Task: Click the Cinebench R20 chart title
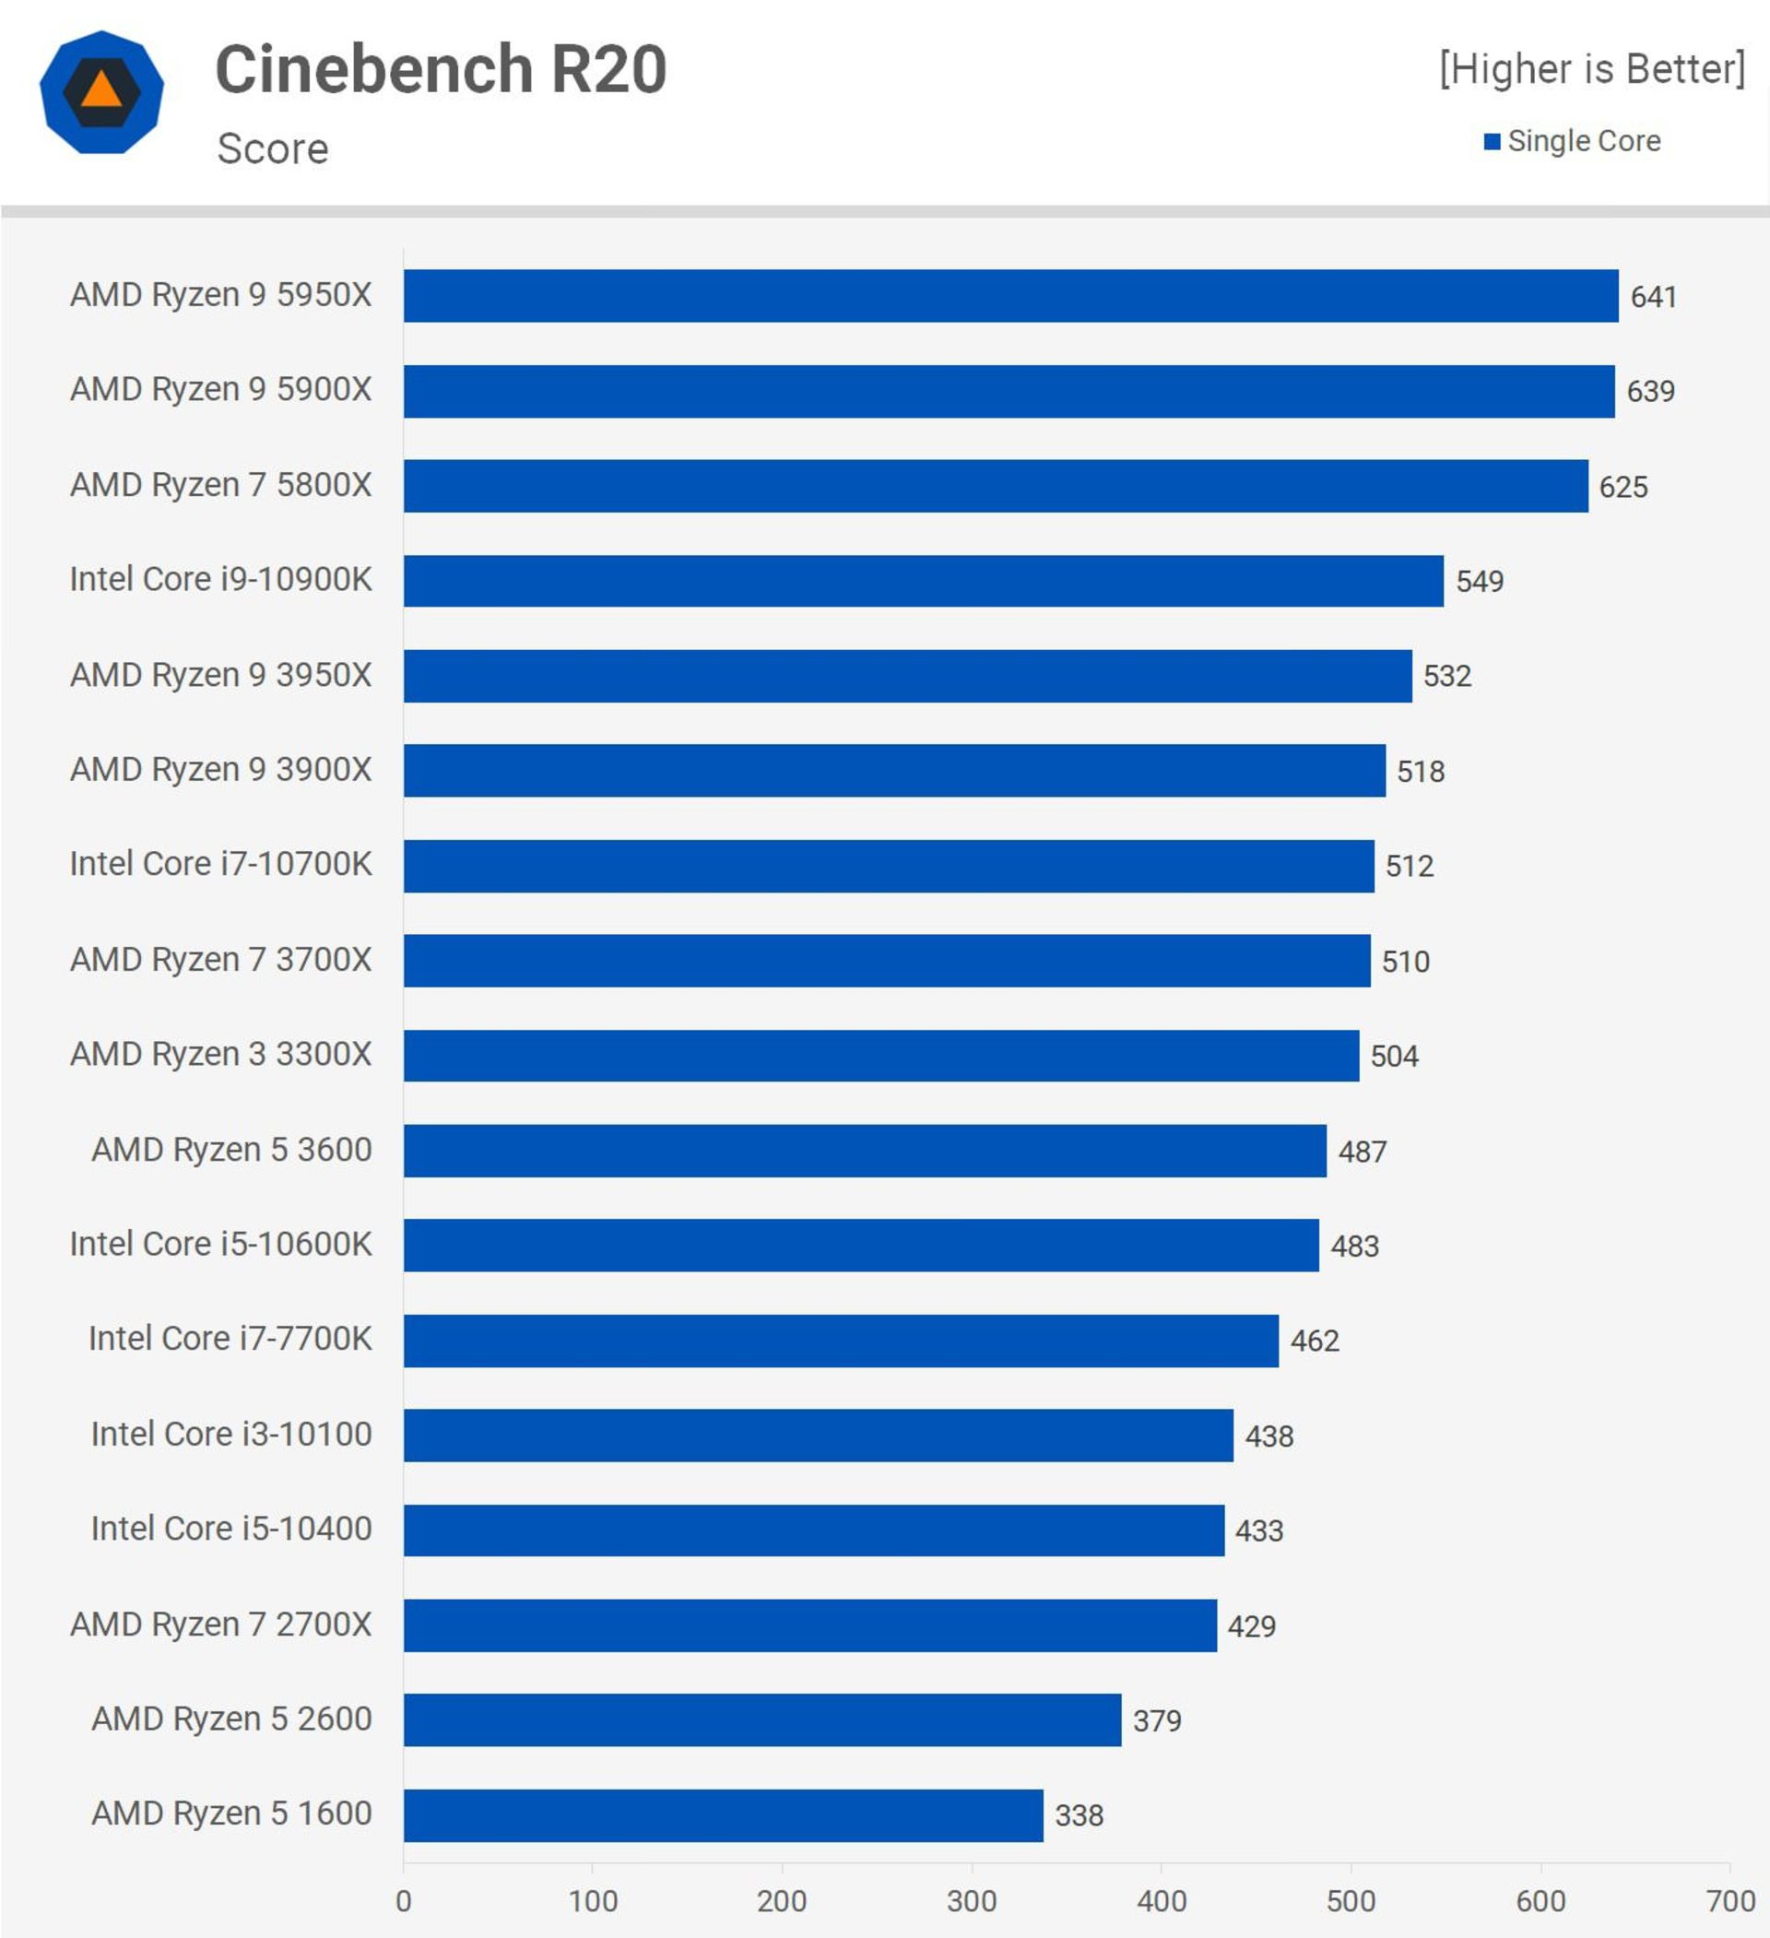[441, 69]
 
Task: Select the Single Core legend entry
[1573, 141]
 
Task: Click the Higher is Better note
[1591, 69]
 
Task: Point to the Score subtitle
[272, 149]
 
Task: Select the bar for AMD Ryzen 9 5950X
[1009, 296]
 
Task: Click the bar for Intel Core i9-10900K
[923, 581]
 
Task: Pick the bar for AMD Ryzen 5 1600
[723, 1815]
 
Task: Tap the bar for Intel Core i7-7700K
[841, 1340]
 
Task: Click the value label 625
[1622, 488]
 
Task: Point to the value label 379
[1157, 1720]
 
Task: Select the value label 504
[1394, 1057]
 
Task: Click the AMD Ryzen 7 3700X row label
[220, 960]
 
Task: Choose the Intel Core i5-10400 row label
[230, 1529]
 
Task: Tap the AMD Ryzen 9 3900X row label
[220, 769]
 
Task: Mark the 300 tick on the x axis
[971, 1900]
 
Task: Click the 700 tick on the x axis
[1729, 1900]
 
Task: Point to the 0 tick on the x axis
[404, 1900]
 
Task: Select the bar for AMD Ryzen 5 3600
[865, 1151]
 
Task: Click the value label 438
[1269, 1436]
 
